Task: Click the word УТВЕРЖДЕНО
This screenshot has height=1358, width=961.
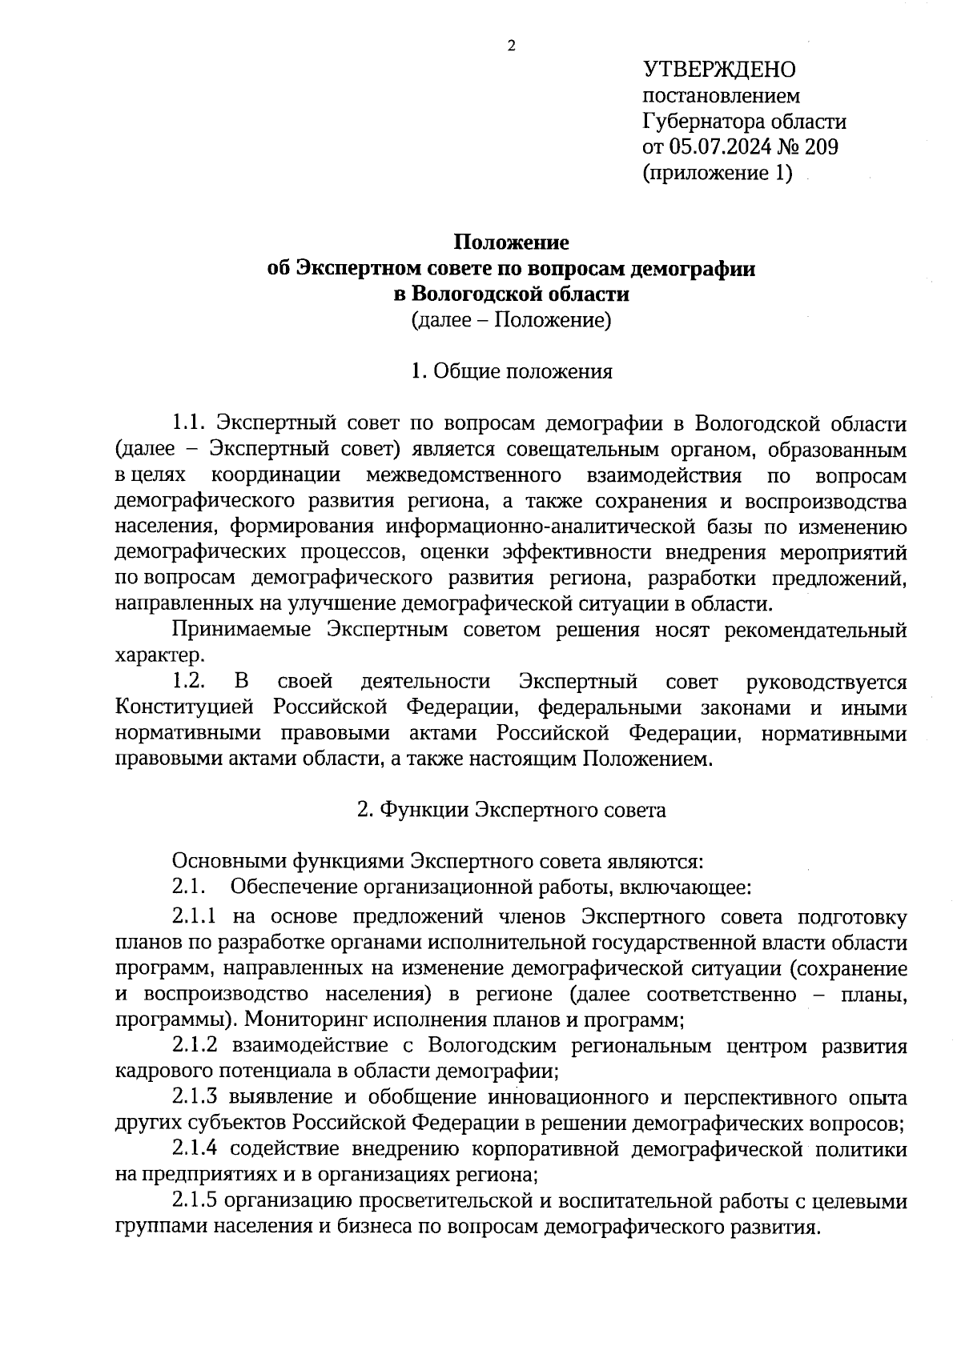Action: tap(719, 70)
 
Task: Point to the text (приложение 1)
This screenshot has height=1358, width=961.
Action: tap(718, 173)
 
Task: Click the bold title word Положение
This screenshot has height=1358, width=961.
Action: tap(512, 242)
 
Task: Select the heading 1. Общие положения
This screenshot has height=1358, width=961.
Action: tap(512, 371)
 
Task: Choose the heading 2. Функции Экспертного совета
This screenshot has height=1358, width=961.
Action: tap(512, 810)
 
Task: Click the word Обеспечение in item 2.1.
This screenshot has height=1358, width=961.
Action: tap(292, 887)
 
